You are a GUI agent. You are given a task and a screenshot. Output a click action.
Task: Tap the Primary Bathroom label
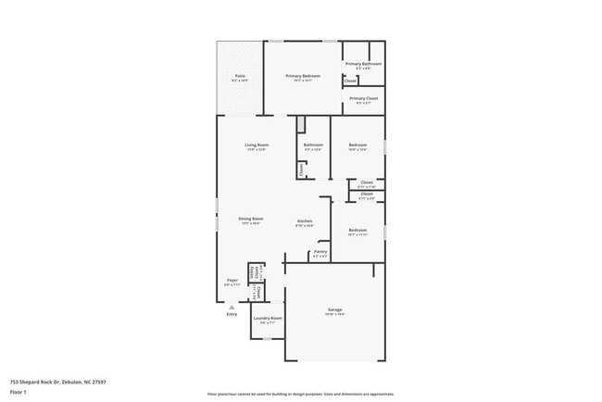pyautogui.click(x=363, y=64)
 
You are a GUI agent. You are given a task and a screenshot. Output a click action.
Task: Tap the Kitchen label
pyautogui.click(x=305, y=221)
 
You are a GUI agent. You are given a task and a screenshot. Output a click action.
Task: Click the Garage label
pyautogui.click(x=334, y=310)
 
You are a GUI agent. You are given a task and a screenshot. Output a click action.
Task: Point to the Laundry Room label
pyautogui.click(x=270, y=319)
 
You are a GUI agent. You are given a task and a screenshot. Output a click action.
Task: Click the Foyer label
pyautogui.click(x=232, y=281)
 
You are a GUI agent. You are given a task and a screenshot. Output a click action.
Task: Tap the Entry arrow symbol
pyautogui.click(x=232, y=307)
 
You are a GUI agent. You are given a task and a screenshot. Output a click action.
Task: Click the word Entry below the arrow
pyautogui.click(x=232, y=315)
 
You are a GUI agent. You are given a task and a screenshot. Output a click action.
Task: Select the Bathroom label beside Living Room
pyautogui.click(x=313, y=145)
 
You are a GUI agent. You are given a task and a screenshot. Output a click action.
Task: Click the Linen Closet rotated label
pyautogui.click(x=254, y=272)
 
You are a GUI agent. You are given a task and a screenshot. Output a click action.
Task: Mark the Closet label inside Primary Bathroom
pyautogui.click(x=350, y=82)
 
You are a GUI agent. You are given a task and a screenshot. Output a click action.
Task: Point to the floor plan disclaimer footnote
pyautogui.click(x=300, y=394)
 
